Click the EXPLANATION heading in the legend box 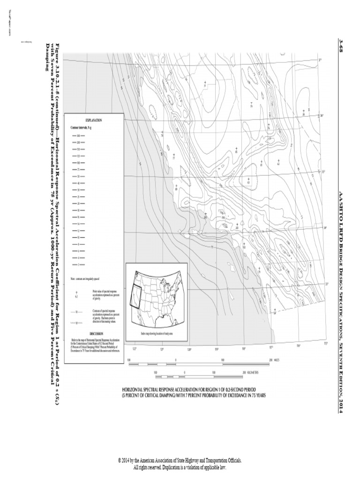[94, 120]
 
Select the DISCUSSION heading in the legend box [94, 333]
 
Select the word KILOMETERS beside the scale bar [254, 372]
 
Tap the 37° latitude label [320, 60]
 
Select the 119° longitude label [217, 349]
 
